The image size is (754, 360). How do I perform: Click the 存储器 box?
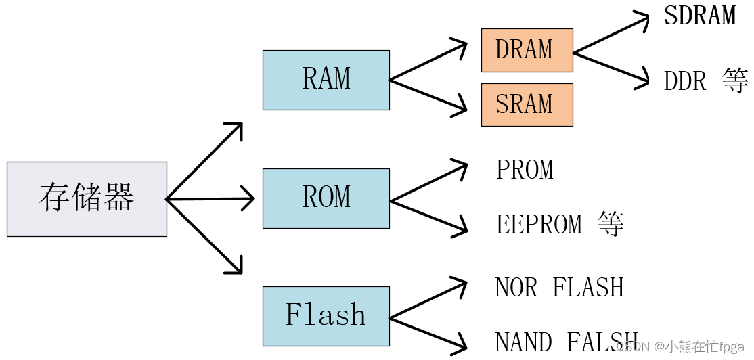(x=87, y=199)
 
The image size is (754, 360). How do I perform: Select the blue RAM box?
(x=326, y=80)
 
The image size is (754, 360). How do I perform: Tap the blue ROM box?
(x=326, y=198)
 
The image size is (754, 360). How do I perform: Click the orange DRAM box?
(x=527, y=50)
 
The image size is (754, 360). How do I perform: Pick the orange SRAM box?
(x=527, y=105)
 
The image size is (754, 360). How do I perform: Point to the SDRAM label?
(x=700, y=16)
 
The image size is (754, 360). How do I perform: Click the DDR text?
(x=686, y=82)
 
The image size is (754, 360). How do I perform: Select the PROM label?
(x=525, y=170)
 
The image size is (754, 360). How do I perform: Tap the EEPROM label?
(x=539, y=225)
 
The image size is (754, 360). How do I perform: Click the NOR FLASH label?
(x=559, y=288)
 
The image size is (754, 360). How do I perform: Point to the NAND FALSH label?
(x=566, y=342)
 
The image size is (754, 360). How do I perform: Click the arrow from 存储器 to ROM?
(x=210, y=199)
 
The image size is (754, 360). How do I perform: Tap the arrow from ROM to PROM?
(x=428, y=182)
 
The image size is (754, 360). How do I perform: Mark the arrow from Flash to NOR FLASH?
(x=428, y=299)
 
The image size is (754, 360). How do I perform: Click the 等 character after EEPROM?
(x=611, y=224)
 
